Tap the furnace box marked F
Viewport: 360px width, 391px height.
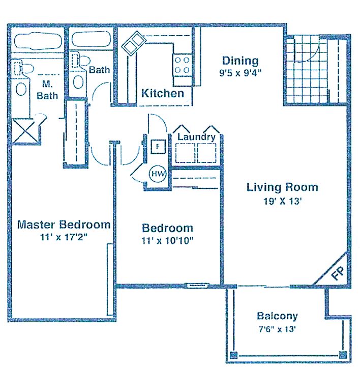click(x=158, y=147)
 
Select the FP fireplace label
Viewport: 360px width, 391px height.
click(x=338, y=273)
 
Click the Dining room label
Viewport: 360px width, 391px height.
click(x=240, y=61)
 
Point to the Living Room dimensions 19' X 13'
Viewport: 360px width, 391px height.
click(x=283, y=201)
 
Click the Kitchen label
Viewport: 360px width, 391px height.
click(x=163, y=93)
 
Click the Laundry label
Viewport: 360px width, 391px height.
click(x=196, y=137)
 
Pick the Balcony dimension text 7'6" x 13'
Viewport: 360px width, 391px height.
click(x=277, y=329)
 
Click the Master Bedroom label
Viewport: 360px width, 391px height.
click(x=64, y=225)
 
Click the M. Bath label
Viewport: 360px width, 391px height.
click(x=47, y=90)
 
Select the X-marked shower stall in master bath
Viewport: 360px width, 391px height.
click(x=25, y=131)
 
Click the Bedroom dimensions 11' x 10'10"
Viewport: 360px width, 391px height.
click(x=168, y=240)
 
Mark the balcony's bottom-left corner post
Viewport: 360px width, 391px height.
click(x=233, y=355)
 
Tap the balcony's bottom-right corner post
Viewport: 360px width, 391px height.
click(x=343, y=354)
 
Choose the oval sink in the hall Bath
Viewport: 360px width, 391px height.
click(x=78, y=81)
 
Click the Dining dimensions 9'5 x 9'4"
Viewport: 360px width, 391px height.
click(x=240, y=73)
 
